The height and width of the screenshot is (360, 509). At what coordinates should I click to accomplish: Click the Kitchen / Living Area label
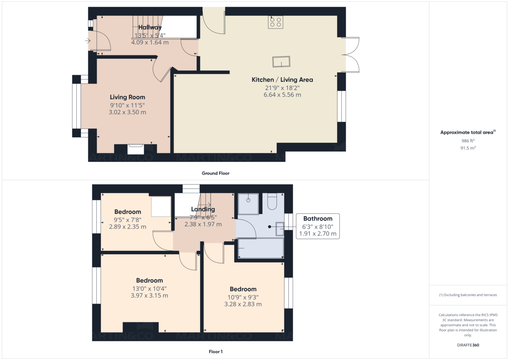[282, 80]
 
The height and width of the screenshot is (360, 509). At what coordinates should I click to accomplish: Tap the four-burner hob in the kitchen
[276, 22]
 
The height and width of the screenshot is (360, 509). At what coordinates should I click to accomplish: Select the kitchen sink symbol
[281, 61]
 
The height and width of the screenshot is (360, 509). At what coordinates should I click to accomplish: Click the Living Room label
[128, 97]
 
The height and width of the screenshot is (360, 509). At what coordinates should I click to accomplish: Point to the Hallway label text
[150, 27]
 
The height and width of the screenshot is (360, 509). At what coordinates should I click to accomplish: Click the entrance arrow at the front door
[88, 41]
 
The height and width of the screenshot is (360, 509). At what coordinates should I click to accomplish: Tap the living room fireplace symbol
[136, 149]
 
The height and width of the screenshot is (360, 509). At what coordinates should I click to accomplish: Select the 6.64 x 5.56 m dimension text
[282, 95]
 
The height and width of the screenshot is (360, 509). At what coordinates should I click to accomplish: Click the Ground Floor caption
[215, 173]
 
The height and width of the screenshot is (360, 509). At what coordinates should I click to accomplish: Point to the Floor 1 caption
[215, 352]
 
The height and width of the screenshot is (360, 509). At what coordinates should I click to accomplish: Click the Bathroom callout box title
[318, 218]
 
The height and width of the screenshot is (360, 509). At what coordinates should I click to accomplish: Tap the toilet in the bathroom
[272, 201]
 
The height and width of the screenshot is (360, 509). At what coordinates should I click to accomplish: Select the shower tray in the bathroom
[248, 204]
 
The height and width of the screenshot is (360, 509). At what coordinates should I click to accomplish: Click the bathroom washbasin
[280, 229]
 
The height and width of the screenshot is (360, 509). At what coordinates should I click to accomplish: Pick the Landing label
[203, 209]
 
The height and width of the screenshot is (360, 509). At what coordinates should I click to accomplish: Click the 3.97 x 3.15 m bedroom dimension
[149, 296]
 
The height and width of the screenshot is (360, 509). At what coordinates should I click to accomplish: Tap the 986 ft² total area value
[468, 141]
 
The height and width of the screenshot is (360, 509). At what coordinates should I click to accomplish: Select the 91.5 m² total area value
[468, 148]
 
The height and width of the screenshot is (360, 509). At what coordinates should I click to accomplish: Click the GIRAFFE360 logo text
[468, 345]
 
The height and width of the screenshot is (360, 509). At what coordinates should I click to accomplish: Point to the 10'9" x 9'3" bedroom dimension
[243, 297]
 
